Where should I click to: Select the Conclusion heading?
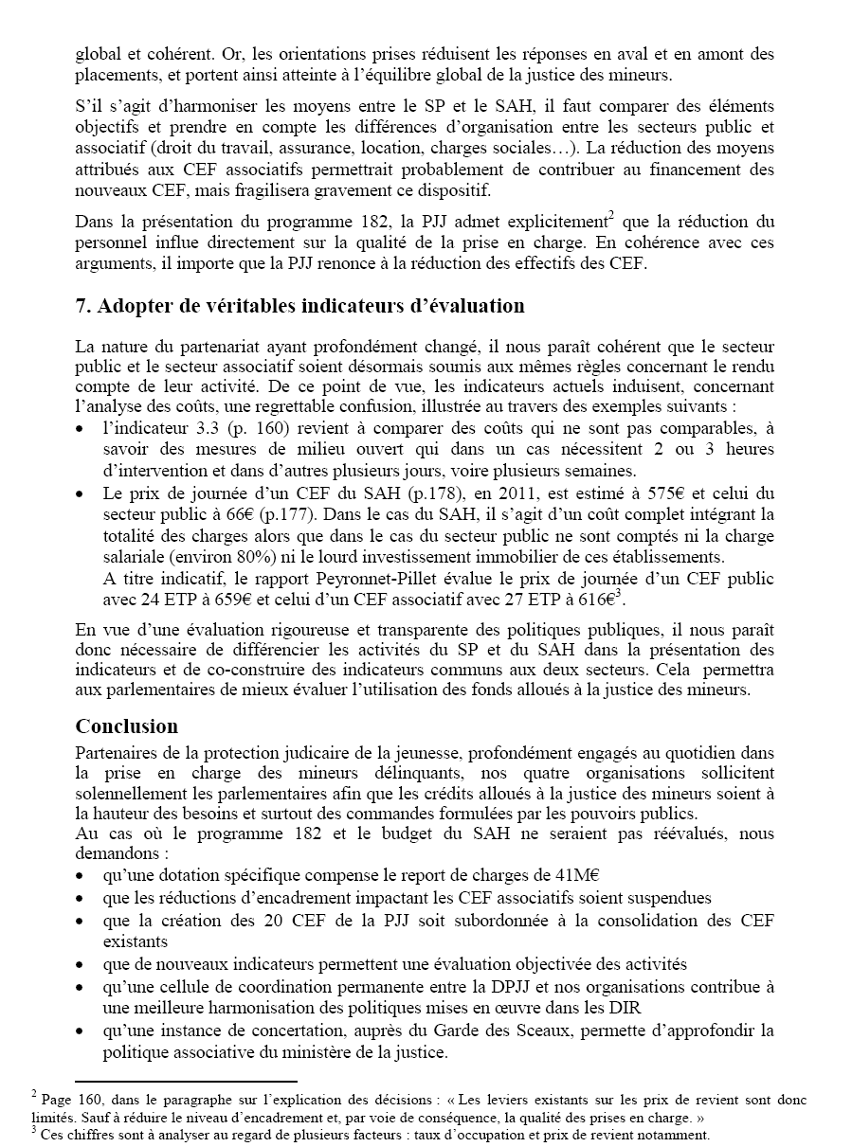[127, 726]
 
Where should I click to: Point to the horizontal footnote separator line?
[186, 1081]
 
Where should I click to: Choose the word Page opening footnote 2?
[57, 1101]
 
